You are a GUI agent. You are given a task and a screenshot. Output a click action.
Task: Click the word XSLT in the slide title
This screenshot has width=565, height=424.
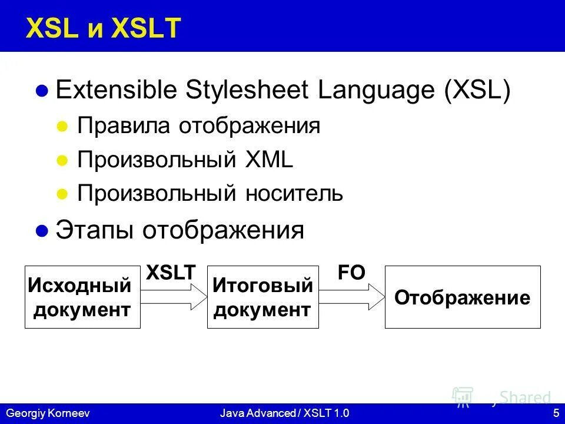point(146,28)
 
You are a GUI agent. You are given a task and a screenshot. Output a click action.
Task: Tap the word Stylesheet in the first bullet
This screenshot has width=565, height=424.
point(247,90)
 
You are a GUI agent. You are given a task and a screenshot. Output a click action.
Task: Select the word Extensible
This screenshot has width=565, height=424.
point(117,89)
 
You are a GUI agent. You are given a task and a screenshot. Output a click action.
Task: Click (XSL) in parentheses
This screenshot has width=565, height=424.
point(477,90)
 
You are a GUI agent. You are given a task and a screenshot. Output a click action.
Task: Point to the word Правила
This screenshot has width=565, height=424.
point(124,126)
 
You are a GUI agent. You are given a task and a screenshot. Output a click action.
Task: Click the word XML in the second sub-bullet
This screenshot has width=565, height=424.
point(269,160)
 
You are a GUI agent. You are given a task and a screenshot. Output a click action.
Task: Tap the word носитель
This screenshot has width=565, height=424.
point(294,194)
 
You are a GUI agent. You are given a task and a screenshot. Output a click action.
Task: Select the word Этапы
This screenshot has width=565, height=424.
point(94,230)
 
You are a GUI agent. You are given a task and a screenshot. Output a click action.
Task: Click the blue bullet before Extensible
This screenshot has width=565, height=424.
point(42,91)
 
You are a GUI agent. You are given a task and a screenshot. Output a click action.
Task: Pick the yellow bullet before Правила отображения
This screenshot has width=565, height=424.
point(62,127)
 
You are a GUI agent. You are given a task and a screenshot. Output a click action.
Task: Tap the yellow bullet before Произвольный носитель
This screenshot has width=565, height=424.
point(62,194)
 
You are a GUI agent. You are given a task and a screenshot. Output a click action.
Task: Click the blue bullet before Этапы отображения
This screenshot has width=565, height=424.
point(42,230)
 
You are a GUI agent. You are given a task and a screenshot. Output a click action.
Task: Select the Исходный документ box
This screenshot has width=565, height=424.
point(82,297)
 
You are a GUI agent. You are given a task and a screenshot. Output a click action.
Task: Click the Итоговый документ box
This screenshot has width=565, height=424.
point(263,297)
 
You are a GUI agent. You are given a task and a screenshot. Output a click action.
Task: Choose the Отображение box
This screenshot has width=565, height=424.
point(463,297)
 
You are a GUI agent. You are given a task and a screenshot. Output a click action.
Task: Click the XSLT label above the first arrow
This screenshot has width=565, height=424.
point(171,273)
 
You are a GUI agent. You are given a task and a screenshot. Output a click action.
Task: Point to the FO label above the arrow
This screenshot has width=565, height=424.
point(351,273)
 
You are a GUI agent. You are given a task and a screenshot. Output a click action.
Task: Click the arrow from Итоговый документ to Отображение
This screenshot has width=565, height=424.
point(352,297)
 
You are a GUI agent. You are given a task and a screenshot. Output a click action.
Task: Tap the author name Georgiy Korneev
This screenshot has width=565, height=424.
point(48,413)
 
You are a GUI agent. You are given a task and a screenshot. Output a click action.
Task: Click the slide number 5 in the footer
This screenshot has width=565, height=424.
point(556,413)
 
